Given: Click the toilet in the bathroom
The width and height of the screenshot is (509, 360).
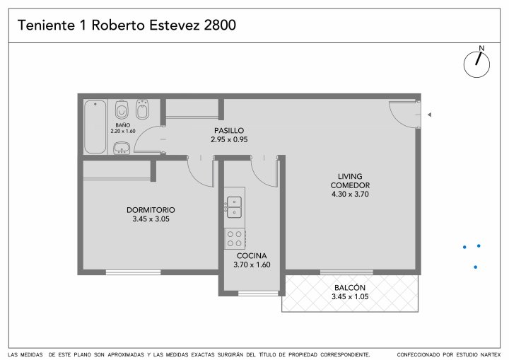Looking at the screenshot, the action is tap(122, 109).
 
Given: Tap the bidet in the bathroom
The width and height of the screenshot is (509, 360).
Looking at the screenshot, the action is tap(142, 109).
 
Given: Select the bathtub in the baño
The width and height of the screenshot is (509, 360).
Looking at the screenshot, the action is tap(95, 127).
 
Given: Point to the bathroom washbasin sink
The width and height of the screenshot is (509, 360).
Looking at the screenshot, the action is tap(122, 148).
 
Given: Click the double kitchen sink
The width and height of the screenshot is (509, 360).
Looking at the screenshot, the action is tap(234, 207).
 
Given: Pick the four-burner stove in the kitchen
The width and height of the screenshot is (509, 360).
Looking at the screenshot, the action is tap(235, 238).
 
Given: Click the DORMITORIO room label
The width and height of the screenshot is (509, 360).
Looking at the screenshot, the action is tap(151, 210).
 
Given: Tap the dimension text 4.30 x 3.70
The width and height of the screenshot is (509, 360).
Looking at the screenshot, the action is tap(350, 194).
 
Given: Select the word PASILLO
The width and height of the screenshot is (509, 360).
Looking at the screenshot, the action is tap(229, 131).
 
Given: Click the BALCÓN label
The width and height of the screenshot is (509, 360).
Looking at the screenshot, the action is tap(350, 288).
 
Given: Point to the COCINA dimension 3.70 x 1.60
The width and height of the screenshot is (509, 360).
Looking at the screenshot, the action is tap(252, 265).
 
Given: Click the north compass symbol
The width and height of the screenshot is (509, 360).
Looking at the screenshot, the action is tap(476, 62).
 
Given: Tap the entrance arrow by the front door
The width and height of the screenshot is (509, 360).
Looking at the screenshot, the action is tap(430, 115).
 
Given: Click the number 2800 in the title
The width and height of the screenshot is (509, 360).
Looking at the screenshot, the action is tap(220, 25).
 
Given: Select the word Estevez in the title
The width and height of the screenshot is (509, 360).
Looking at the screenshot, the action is tap(175, 25).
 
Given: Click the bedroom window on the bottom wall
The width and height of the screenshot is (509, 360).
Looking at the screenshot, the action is tap(134, 272).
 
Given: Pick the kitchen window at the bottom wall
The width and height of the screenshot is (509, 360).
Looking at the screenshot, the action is tap(259, 294).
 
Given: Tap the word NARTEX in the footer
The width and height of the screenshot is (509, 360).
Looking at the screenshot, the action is tap(491, 355).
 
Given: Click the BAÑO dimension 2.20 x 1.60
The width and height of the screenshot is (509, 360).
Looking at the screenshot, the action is tap(123, 132).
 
